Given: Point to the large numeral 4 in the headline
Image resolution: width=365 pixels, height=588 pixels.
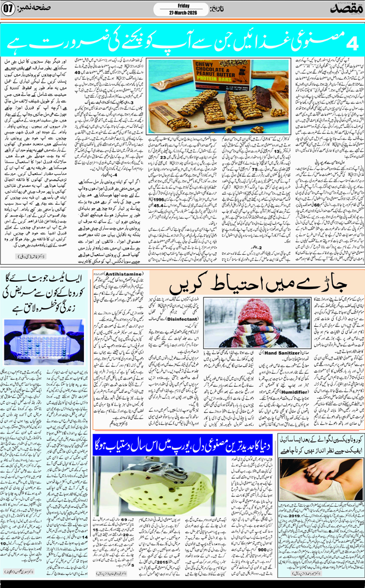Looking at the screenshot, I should pos(352,44).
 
